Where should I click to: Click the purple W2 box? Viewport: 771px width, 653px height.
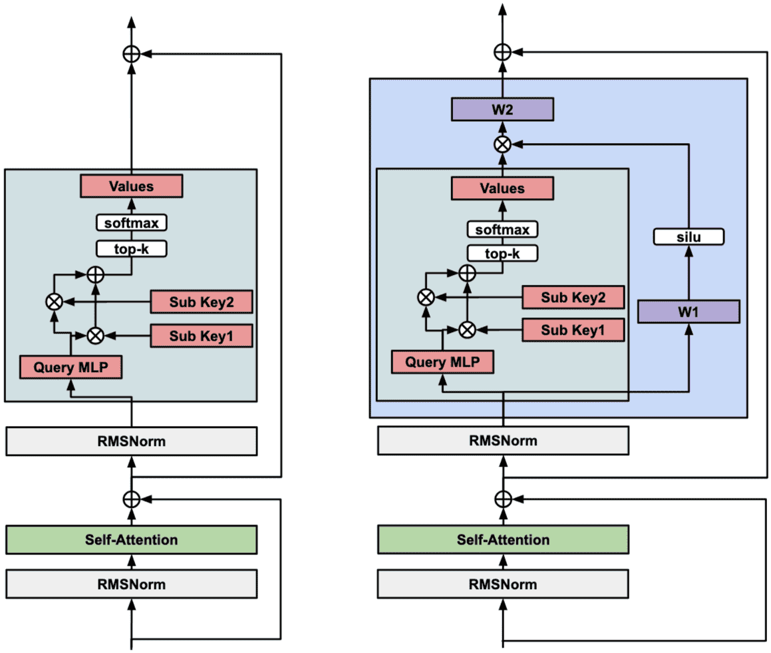pos(502,109)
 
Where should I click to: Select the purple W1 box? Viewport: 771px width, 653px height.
pos(689,312)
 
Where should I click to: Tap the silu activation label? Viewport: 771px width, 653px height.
pos(688,237)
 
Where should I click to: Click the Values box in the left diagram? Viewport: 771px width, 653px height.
pos(131,186)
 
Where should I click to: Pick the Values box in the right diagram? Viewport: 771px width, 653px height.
pos(503,188)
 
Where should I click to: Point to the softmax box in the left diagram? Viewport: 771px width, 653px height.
pos(131,222)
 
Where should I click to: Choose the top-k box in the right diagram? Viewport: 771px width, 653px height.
pos(503,254)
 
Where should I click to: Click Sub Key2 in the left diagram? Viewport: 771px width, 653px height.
pos(202,302)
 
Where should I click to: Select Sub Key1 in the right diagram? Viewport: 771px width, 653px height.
pos(573,329)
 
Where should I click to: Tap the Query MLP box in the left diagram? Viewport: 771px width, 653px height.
pos(71,366)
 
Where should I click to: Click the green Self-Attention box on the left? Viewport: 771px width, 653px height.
pos(131,539)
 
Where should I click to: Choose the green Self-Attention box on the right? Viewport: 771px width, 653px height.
pos(503,539)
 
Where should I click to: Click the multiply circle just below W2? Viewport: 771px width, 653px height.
pos(503,144)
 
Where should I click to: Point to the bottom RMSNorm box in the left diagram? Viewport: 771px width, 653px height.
pos(131,584)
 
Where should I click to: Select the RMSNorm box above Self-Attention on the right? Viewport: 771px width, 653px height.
pos(503,441)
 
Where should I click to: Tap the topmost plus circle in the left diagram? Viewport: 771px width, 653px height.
pos(132,54)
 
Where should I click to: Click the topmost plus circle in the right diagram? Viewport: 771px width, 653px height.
pos(503,52)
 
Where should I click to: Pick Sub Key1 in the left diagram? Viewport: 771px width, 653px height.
pos(202,335)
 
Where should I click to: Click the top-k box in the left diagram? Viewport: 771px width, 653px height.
pos(131,249)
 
